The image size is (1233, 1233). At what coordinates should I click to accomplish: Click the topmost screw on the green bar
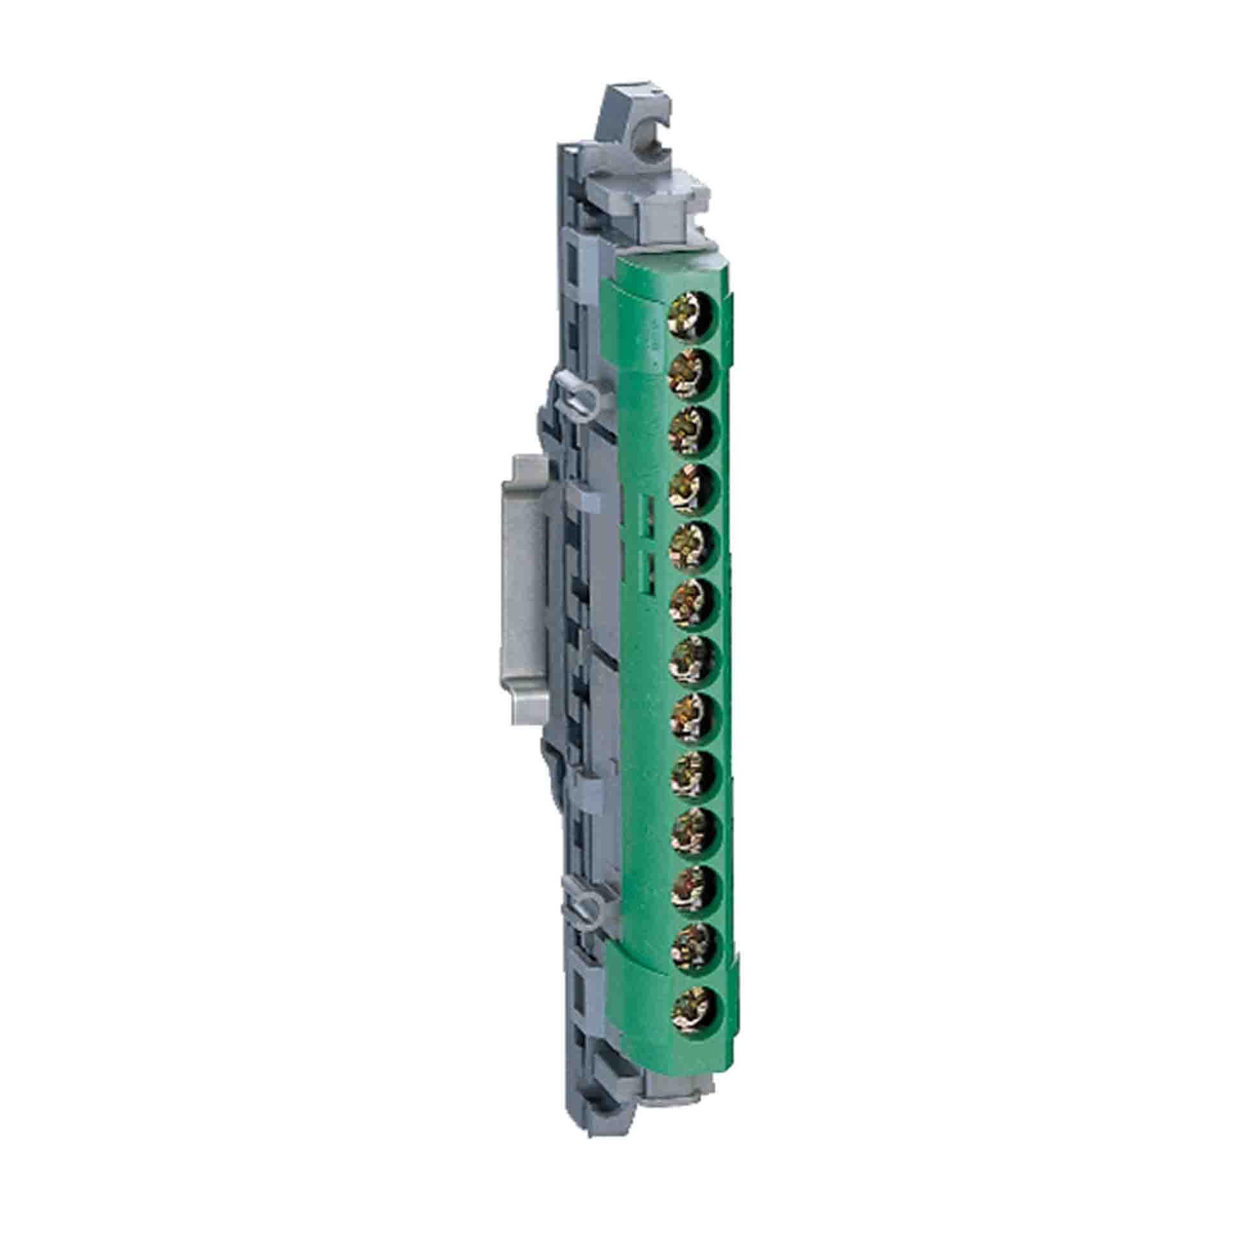696,319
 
